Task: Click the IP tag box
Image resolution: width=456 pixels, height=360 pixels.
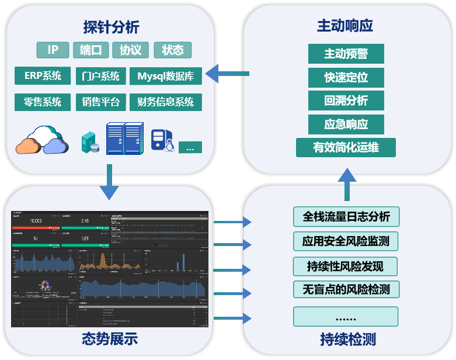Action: click(53, 50)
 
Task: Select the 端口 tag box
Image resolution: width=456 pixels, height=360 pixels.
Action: click(90, 50)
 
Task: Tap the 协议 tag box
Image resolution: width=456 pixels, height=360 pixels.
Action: click(130, 50)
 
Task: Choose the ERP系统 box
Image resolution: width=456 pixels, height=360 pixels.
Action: click(43, 76)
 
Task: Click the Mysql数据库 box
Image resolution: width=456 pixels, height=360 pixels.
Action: click(166, 76)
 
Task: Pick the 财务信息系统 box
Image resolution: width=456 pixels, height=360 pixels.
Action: click(166, 102)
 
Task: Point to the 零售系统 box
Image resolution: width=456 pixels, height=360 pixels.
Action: click(43, 102)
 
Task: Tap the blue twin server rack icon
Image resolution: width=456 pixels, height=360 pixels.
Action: click(124, 138)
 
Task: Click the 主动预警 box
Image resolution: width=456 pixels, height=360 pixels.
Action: click(346, 54)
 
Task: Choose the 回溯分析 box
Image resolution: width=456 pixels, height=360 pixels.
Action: click(346, 101)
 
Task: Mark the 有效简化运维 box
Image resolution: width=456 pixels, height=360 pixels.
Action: click(346, 147)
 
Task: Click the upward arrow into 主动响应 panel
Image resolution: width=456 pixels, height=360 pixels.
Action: click(347, 184)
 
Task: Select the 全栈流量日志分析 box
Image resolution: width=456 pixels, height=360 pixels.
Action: click(346, 216)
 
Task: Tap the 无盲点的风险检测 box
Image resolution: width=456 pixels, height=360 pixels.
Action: click(346, 289)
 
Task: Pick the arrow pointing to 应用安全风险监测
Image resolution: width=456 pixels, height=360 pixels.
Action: click(232, 244)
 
